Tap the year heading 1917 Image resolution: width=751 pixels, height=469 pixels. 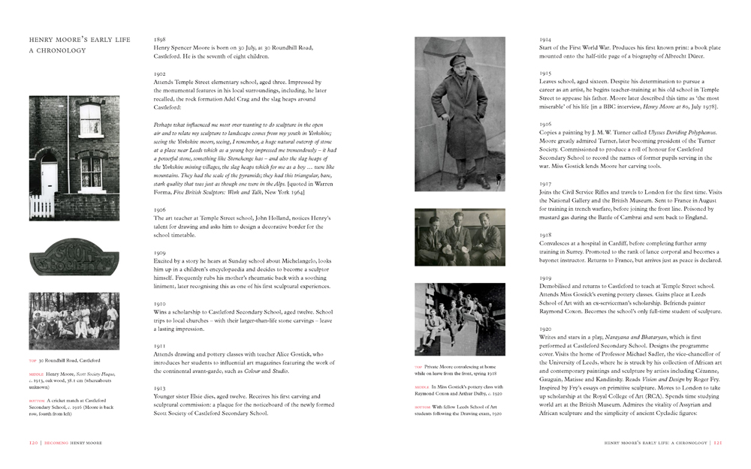click(546, 183)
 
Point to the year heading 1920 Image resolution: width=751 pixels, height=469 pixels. click(546, 329)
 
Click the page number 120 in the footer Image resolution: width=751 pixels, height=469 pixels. click(33, 442)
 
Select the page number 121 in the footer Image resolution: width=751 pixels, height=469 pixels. click(719, 442)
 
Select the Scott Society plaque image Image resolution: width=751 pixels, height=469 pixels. click(74, 257)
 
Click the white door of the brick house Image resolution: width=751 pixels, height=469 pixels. click(49, 187)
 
